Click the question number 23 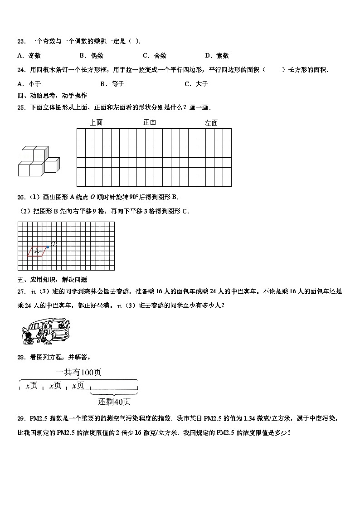tap(21, 42)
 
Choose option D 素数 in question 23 tap(217, 56)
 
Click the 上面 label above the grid tap(96, 122)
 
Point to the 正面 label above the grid tap(150, 122)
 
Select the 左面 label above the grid tap(211, 123)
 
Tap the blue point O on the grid tap(48, 247)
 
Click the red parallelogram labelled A tap(37, 251)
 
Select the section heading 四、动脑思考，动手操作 tap(52, 96)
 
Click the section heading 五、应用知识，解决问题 tap(52, 280)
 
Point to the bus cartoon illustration tap(45, 330)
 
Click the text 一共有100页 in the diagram tap(78, 372)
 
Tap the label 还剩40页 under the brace tap(114, 401)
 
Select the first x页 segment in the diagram tap(31, 386)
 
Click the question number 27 tap(21, 291)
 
